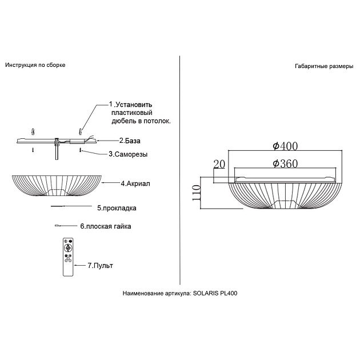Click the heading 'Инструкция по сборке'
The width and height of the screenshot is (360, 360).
(x=35, y=65)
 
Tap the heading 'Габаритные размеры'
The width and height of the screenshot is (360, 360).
(x=324, y=66)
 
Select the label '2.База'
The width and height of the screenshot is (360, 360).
(x=130, y=141)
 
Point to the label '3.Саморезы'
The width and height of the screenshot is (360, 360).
(x=128, y=154)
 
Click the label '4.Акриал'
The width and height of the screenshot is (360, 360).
(x=135, y=183)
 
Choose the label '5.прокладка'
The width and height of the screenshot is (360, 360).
(x=117, y=208)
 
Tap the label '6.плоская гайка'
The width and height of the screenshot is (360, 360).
(x=106, y=226)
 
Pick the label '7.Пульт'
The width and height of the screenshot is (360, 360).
(x=101, y=266)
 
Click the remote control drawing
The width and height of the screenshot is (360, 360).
(x=68, y=257)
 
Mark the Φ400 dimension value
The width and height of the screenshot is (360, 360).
(x=285, y=146)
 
